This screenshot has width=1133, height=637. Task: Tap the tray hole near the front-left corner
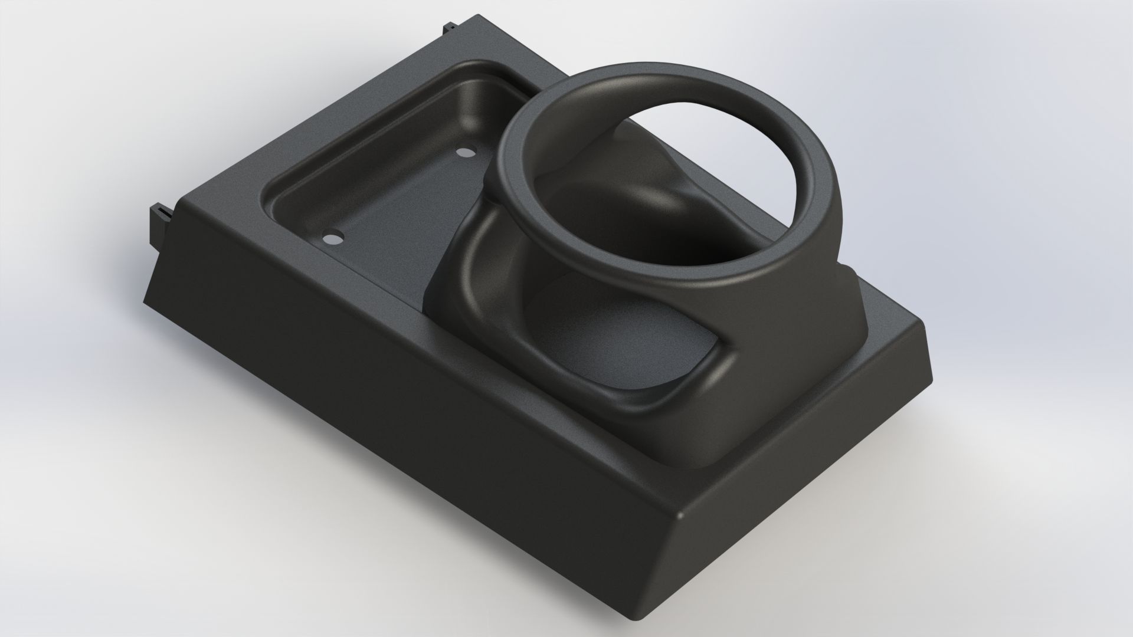(x=332, y=238)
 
